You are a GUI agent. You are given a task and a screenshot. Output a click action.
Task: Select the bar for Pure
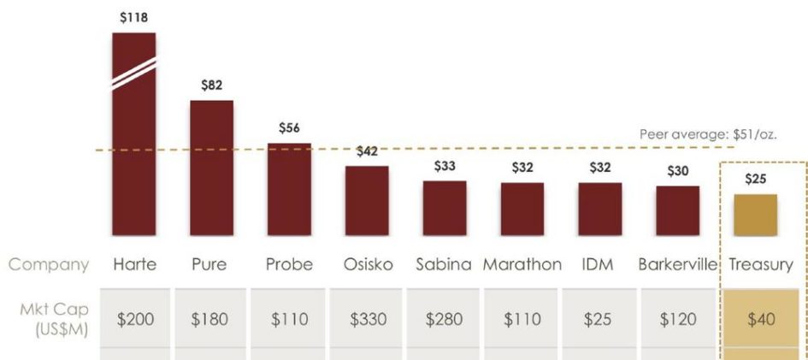pos(211,168)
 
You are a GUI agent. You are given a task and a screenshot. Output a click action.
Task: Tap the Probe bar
pos(289,189)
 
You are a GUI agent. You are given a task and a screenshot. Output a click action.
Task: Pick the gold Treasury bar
pos(755,215)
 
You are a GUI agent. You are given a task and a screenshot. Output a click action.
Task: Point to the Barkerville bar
pos(677,210)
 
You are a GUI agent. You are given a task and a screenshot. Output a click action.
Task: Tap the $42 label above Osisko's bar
pos(367,151)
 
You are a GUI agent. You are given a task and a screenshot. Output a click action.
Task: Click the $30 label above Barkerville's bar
pos(677,170)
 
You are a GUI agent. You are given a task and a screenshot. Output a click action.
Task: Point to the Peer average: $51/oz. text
pos(708,135)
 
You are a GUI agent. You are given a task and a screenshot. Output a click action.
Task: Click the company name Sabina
pos(444,264)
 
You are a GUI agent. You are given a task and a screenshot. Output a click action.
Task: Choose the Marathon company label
pos(522,264)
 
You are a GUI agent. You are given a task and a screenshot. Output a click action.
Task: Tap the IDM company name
pos(599,264)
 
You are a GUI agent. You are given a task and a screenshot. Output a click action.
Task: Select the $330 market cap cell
pos(366,319)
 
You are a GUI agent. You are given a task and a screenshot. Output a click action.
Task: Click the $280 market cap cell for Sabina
pos(444,319)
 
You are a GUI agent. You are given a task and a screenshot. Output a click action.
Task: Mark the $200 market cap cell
pos(134,319)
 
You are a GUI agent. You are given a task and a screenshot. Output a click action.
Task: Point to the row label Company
pos(49,264)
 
